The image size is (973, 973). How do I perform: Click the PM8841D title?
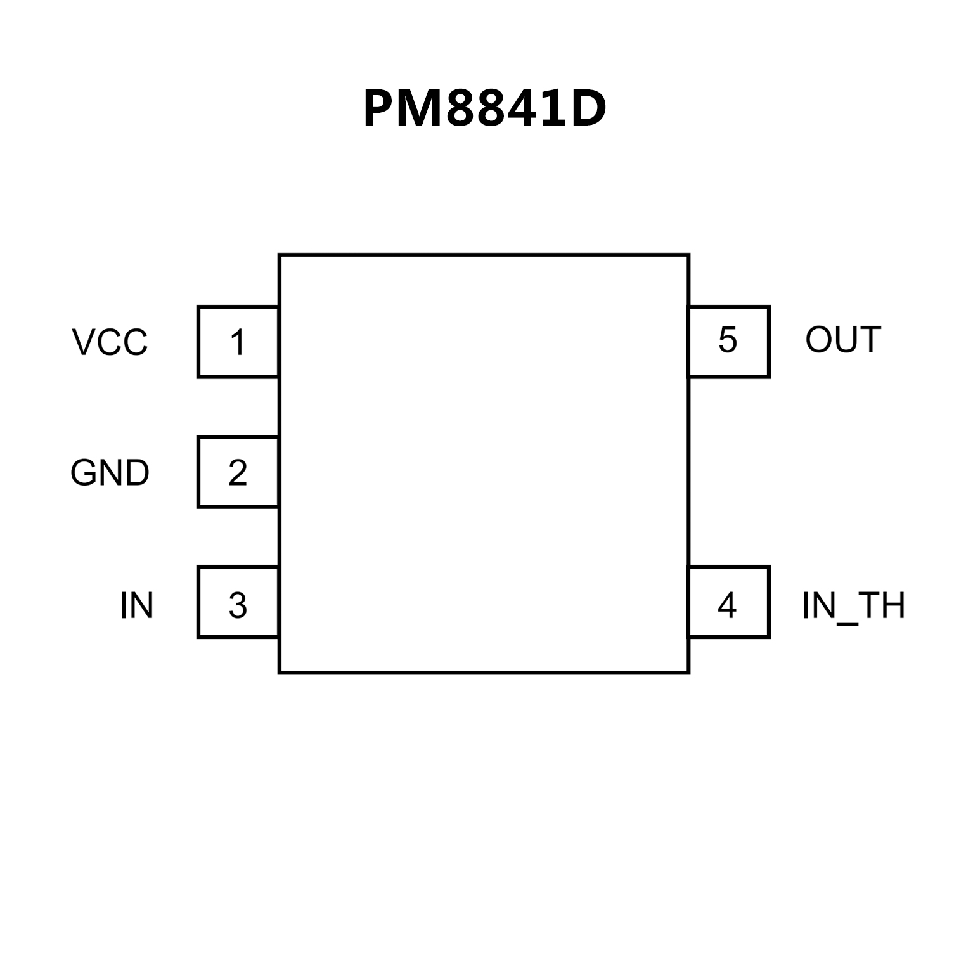click(x=485, y=109)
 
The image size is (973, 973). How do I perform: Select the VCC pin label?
click(x=110, y=342)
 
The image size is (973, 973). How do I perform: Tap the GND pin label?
click(x=110, y=473)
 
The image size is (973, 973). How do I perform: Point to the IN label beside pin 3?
click(x=136, y=606)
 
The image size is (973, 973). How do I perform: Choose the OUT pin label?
click(x=843, y=340)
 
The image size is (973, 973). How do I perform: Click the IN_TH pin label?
click(x=853, y=606)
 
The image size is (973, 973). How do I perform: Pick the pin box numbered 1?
click(x=238, y=342)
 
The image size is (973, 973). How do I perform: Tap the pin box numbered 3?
click(x=238, y=602)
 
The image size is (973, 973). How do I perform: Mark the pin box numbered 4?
click(x=728, y=602)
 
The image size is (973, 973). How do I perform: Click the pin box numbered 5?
click(x=728, y=342)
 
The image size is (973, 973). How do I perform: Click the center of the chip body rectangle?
click(x=484, y=463)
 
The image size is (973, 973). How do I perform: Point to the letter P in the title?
click(x=378, y=109)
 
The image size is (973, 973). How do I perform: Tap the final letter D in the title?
click(x=588, y=109)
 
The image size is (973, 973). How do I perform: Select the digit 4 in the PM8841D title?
click(x=519, y=109)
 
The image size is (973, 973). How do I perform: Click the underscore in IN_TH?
click(x=847, y=624)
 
